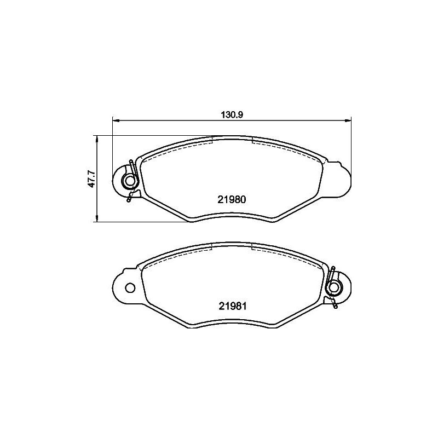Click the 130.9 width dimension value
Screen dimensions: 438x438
coord(232,114)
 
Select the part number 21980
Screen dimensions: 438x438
coord(231,200)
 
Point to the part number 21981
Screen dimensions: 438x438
coord(231,307)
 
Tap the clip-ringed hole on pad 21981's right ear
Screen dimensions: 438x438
coord(333,287)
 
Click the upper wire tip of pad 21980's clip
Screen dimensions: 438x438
coord(131,162)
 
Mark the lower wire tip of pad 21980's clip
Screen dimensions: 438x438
coord(129,200)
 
